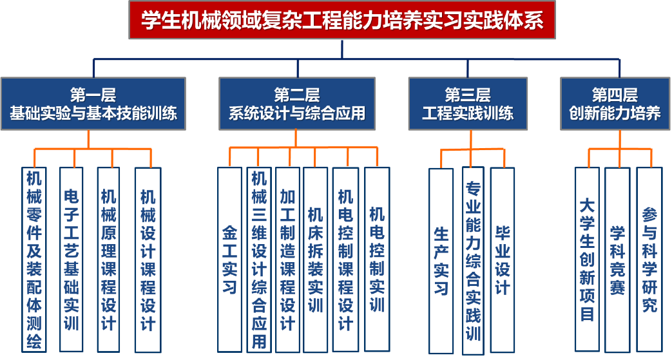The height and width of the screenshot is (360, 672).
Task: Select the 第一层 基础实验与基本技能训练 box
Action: (x=93, y=104)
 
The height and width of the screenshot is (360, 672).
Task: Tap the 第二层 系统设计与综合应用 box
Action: (x=297, y=104)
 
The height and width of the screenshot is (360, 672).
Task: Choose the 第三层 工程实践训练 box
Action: (x=468, y=104)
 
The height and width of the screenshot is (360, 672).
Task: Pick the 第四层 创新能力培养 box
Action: (x=615, y=104)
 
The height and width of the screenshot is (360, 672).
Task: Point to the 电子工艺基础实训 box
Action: (x=72, y=260)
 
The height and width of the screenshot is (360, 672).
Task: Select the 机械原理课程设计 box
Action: (x=109, y=260)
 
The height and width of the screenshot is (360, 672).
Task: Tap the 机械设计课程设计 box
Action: (x=148, y=260)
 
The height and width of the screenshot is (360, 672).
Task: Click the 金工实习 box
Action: (x=230, y=260)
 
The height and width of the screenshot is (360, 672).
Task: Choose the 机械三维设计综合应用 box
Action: (x=259, y=260)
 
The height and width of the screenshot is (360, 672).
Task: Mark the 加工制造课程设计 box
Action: (x=287, y=260)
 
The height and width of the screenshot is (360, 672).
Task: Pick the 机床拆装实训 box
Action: (x=316, y=260)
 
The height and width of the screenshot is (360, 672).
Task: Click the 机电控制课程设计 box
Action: (x=345, y=260)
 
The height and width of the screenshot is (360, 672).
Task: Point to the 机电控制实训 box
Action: (x=377, y=260)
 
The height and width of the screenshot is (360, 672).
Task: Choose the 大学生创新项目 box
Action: (x=587, y=260)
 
